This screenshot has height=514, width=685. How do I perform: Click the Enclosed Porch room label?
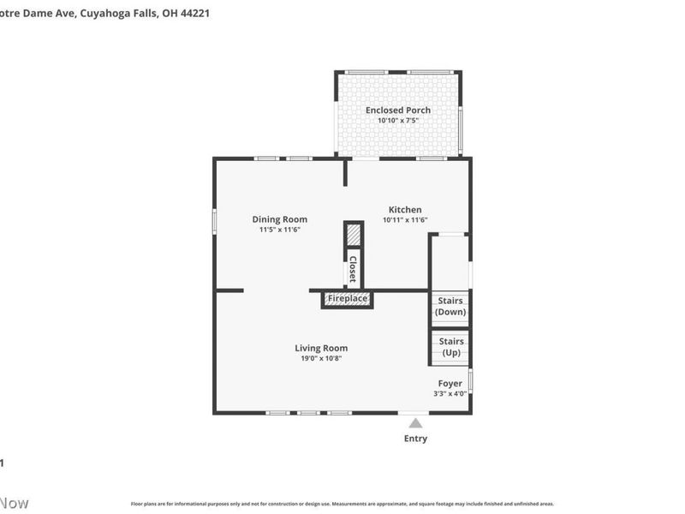(398, 110)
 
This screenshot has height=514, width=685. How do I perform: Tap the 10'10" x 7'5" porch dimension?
(398, 121)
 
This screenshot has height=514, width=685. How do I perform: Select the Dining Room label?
(279, 219)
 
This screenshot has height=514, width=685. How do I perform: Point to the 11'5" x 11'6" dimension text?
(279, 230)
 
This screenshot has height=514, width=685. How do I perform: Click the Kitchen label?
(405, 209)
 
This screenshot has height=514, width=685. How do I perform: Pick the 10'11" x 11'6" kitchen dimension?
(405, 220)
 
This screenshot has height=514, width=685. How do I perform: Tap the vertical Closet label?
(352, 269)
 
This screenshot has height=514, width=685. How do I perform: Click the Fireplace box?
(347, 299)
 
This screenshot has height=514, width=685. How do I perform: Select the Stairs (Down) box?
(450, 307)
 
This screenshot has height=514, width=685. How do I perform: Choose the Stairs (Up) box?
(450, 347)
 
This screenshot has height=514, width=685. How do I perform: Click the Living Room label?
(321, 348)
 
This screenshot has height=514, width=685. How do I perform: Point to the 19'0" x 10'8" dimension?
(321, 358)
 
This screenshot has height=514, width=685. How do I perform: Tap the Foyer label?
(450, 383)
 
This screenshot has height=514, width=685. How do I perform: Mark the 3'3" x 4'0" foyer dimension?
(450, 393)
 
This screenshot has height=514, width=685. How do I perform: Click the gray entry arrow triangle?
(415, 423)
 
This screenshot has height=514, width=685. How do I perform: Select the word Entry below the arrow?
(415, 439)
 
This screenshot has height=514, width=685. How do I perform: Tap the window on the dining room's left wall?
(214, 220)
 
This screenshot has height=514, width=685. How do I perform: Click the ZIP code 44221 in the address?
(194, 13)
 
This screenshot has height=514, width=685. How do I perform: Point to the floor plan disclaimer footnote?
(342, 504)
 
